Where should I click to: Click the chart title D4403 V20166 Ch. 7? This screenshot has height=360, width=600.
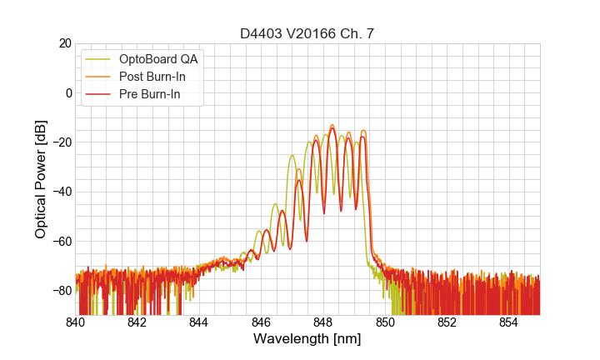pos(307,33)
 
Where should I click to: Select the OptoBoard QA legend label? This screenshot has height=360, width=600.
pos(158,59)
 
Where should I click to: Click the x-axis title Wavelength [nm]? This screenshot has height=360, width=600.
pos(307,339)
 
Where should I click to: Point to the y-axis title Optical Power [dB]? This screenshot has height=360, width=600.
pos(41,179)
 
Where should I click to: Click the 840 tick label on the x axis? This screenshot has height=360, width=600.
pos(76,322)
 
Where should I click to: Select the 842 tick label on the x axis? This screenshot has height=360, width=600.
pos(137,322)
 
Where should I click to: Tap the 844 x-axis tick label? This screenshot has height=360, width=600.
pos(199,322)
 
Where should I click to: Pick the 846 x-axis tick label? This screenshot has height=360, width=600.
pos(261,322)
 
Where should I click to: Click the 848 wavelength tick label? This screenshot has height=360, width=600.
pos(323,322)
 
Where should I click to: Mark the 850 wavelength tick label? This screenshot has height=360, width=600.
pos(385,322)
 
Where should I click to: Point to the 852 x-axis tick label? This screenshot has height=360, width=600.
pos(447,322)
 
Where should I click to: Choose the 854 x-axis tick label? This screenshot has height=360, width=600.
pos(508,322)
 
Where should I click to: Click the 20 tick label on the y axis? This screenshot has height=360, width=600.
pos(65,43)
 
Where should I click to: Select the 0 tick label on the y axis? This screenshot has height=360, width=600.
pos(68,92)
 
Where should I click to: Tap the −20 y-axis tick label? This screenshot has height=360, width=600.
pos(62,142)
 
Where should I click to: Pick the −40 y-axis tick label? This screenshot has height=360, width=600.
pos(62,192)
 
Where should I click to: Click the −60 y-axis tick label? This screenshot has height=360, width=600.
pos(62,241)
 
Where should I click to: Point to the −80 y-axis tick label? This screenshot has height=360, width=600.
pos(62,291)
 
